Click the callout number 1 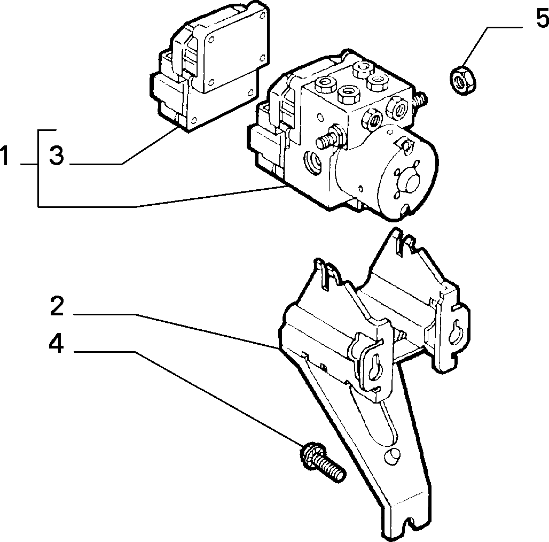(x=4, y=156)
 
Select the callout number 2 (x=57, y=306)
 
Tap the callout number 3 (x=57, y=156)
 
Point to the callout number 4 (x=56, y=343)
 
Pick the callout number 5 (x=543, y=18)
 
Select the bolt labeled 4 (x=323, y=462)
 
